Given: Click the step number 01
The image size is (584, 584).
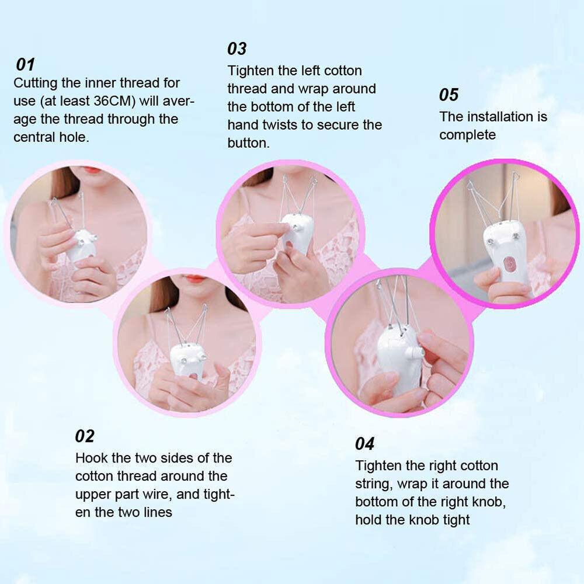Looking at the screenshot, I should (x=26, y=64).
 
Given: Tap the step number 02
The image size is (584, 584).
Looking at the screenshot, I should (x=85, y=436).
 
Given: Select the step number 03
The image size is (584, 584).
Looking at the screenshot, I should (x=237, y=48).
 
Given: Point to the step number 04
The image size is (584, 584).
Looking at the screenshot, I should (x=365, y=444).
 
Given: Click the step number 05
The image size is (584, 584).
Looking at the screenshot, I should (x=449, y=95).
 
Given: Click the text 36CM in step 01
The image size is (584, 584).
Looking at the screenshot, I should (x=113, y=100).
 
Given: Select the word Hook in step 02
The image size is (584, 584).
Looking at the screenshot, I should (x=90, y=458).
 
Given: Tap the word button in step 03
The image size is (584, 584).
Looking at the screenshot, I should (x=248, y=143).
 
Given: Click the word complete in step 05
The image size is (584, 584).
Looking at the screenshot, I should (x=467, y=135).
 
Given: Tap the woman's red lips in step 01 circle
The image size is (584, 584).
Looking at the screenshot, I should (x=91, y=169).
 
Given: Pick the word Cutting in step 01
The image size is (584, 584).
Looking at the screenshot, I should (x=36, y=82).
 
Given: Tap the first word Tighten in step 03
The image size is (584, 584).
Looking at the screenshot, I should (x=252, y=71).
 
